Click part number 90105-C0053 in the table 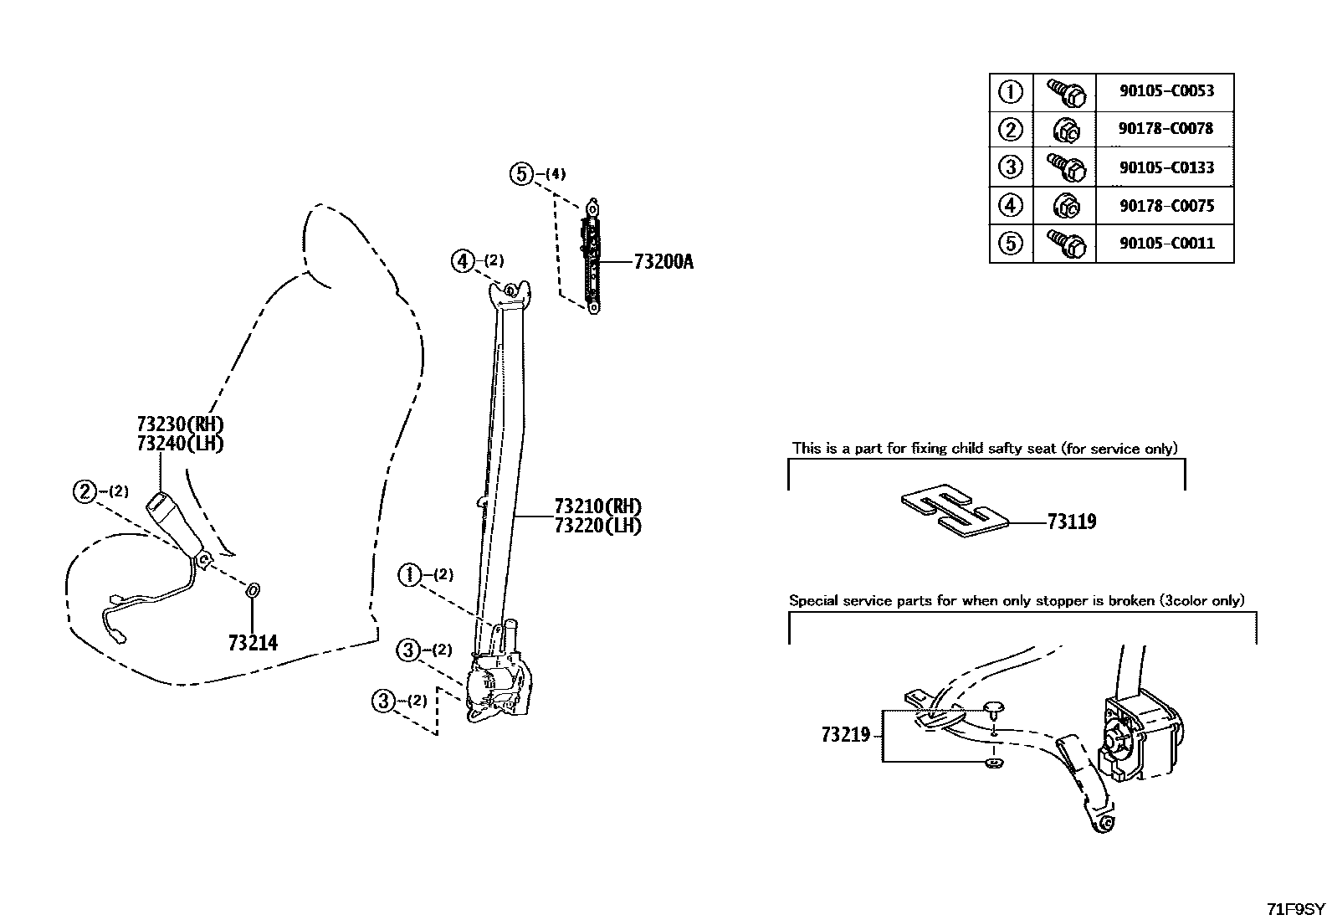1165,91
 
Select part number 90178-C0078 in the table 1165,129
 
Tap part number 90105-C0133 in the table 1165,167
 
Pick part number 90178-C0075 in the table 1165,206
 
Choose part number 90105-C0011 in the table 1165,244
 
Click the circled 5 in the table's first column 1011,244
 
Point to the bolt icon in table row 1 1065,92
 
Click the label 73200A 663,262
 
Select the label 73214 253,643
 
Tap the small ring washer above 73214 254,591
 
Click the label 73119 1072,522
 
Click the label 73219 845,735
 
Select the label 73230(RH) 180,424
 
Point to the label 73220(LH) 597,527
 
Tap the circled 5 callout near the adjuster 521,174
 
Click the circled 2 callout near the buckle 85,491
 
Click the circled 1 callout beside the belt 411,574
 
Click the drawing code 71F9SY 1295,909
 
